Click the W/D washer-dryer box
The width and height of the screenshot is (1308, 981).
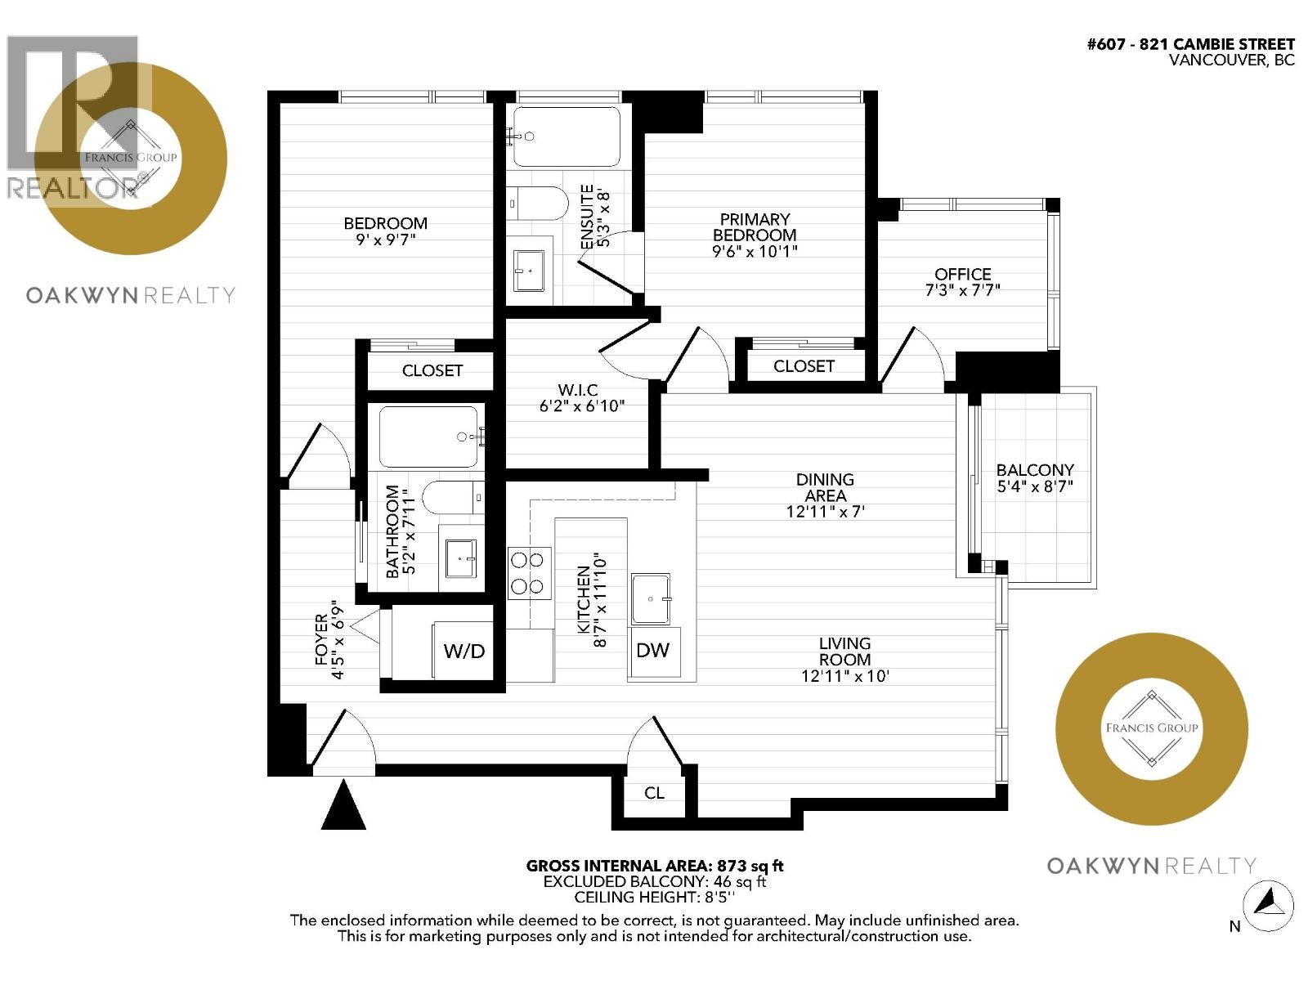tap(464, 651)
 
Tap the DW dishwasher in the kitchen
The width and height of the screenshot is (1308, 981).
tap(653, 651)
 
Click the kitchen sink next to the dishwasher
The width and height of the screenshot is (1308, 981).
tap(651, 599)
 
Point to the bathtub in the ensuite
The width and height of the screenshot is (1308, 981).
tap(564, 137)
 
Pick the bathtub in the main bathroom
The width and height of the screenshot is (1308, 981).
tap(428, 437)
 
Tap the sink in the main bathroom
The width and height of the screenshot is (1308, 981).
tap(461, 558)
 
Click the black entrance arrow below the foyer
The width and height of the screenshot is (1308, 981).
tap(343, 805)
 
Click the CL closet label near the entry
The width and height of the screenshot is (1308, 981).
tap(654, 793)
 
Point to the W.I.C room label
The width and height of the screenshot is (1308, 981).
tap(577, 390)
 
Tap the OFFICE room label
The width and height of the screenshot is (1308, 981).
tap(963, 274)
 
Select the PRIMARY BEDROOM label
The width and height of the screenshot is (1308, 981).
tap(755, 226)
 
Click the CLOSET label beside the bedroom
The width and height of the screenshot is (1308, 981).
tap(432, 370)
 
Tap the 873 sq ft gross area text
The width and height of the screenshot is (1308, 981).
tap(750, 866)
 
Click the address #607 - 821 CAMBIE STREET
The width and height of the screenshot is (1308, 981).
tap(1190, 44)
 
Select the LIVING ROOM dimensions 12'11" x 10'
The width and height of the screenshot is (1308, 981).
tap(844, 676)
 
